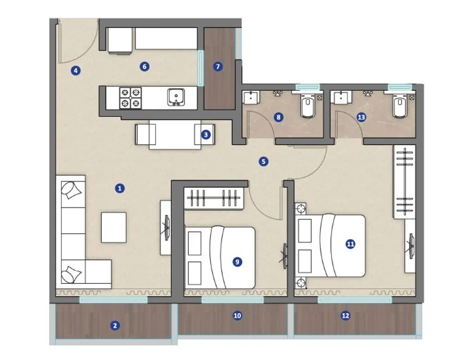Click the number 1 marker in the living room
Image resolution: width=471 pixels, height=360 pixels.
120,189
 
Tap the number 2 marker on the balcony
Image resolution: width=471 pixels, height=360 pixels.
115,326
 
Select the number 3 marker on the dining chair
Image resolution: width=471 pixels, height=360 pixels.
206,135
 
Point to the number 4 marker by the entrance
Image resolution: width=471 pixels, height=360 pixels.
76,71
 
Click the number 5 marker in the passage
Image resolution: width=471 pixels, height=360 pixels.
263,162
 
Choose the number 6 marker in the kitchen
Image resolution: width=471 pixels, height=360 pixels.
144,66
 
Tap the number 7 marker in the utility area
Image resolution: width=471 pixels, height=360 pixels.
218,66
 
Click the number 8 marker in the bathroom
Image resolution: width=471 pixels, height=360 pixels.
279,117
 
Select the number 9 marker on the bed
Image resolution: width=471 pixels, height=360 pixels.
237,262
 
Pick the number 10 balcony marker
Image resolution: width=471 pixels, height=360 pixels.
237,315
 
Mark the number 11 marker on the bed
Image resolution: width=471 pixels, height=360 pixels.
350,244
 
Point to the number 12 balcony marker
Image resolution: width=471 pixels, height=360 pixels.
345,315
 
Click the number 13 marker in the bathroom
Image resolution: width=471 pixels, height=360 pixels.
362,117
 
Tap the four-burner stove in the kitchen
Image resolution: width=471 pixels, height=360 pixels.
131,98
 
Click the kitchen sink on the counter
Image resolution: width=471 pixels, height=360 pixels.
176,97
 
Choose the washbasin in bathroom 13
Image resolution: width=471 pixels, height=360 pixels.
341,97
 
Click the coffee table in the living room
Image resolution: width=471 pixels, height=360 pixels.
113,227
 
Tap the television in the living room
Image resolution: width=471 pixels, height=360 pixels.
167,228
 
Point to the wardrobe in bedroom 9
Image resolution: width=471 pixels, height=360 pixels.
213,198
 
